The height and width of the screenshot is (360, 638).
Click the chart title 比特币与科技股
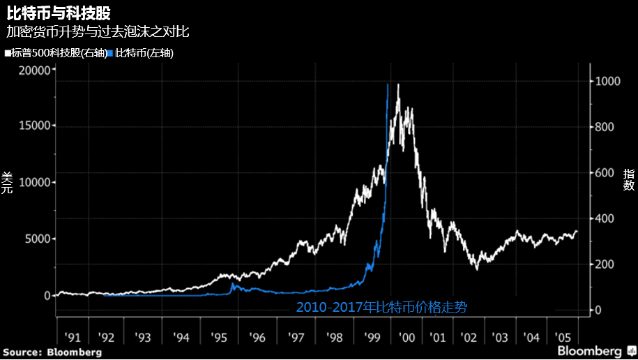59,13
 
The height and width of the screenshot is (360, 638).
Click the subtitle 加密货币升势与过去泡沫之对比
98,32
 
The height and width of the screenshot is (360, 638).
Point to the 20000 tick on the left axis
35,70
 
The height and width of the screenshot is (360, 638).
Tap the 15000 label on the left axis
35,126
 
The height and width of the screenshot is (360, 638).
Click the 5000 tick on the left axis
38,239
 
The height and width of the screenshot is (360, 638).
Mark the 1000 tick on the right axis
608,81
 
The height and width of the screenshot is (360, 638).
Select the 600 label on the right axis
605,172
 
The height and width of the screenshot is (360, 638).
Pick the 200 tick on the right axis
605,264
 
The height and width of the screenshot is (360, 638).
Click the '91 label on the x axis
73,338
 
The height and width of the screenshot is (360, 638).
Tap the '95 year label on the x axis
218,338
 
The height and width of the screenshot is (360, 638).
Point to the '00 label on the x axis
407,338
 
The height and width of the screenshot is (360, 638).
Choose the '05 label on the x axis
563,338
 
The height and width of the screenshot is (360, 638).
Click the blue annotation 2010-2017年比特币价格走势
381,307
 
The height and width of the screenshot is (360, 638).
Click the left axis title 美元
7,183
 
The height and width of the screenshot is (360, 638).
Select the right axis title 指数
629,179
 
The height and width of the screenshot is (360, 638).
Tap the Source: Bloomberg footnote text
52,352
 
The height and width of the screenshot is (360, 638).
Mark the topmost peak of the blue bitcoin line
388,84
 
